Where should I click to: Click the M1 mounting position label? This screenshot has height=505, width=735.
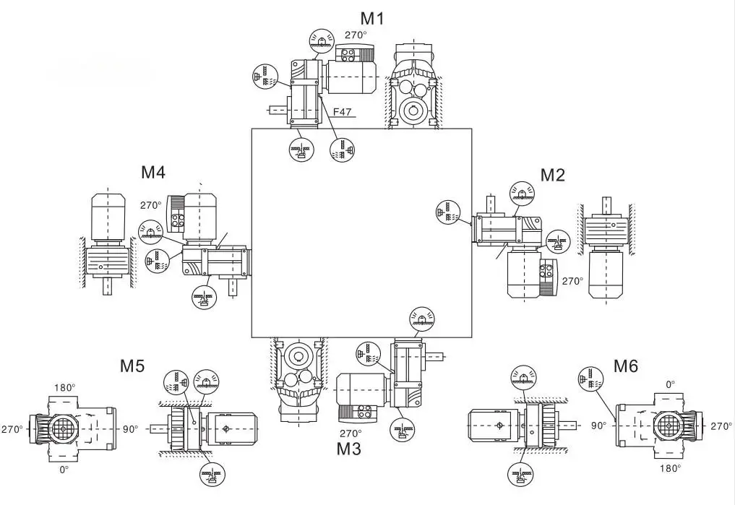tap(373, 18)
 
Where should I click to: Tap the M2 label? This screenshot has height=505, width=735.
tap(553, 174)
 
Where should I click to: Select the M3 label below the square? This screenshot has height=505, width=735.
tap(349, 449)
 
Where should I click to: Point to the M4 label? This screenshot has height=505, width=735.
tap(153, 173)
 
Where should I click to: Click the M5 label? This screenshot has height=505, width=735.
tap(132, 366)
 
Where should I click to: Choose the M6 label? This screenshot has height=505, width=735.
tap(626, 366)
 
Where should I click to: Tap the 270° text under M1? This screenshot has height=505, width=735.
tap(355, 35)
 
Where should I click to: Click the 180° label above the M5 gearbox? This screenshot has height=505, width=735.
tap(64, 387)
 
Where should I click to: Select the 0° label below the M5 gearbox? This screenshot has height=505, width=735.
tap(64, 470)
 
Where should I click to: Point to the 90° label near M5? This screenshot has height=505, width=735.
tap(130, 428)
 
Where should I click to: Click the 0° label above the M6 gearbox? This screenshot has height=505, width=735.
tap(671, 385)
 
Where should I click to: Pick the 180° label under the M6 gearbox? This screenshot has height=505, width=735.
tap(670, 468)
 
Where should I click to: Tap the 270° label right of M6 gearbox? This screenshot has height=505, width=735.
tap(721, 426)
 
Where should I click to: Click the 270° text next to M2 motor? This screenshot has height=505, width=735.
tap(572, 281)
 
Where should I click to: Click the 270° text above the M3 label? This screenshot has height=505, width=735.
tap(351, 433)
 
